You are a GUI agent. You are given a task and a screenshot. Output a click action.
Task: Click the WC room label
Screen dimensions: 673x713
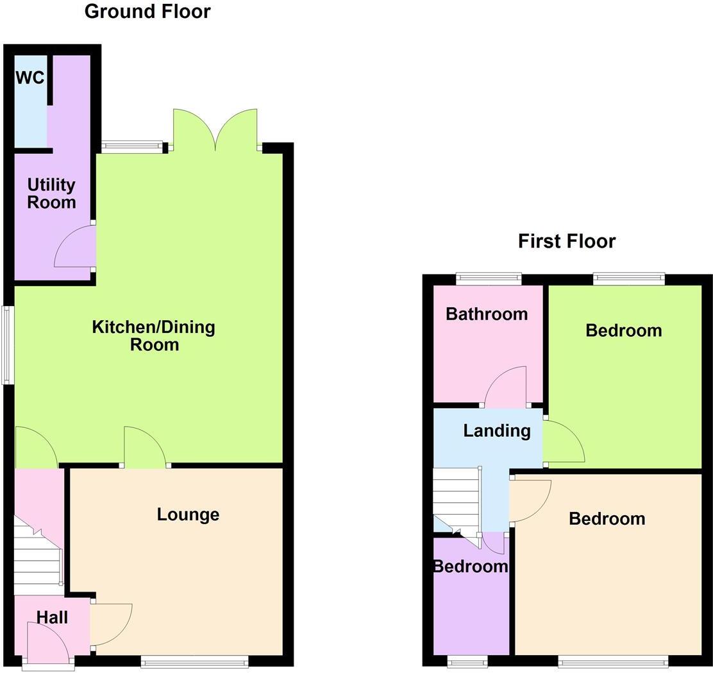30,78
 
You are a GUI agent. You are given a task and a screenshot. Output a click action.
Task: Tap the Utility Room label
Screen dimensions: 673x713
51,194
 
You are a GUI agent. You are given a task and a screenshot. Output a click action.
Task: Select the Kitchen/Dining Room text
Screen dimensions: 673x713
154,336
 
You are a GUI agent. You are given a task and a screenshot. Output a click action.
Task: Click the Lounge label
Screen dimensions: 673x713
188,515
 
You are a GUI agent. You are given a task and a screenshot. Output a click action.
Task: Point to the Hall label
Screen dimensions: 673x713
52,617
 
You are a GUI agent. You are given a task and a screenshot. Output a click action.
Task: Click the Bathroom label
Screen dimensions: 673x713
487,314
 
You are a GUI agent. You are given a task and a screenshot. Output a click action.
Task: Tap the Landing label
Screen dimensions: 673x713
497,430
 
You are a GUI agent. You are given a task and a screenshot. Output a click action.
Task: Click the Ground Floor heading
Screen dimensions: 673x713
147,12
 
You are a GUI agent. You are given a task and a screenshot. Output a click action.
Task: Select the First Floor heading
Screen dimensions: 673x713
567,241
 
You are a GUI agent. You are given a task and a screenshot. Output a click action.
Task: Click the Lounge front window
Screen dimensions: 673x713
194,663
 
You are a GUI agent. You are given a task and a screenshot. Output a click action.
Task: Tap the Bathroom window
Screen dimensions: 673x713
489,278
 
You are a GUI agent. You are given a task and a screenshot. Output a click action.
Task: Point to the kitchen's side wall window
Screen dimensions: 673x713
8,345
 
